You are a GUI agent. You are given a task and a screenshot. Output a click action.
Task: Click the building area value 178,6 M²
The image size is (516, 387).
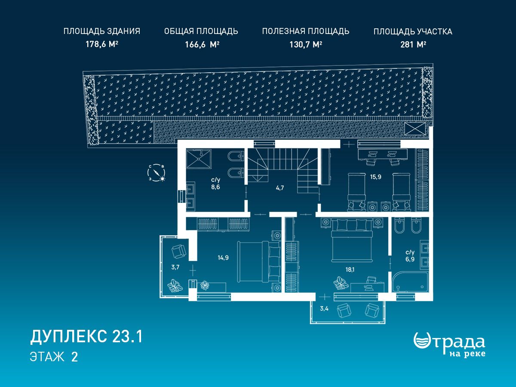pyautogui.click(x=102, y=44)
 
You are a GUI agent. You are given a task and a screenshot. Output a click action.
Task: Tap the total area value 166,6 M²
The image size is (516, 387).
pyautogui.click(x=202, y=44)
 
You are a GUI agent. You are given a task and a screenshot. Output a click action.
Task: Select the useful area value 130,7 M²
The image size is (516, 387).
pyautogui.click(x=306, y=44)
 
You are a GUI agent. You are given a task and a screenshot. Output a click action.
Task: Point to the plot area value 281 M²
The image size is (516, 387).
pyautogui.click(x=413, y=44)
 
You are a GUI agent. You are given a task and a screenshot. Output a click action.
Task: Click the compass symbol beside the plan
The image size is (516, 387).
pyautogui.click(x=156, y=173)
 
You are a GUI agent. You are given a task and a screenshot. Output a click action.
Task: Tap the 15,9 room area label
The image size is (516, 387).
pyautogui.click(x=376, y=177)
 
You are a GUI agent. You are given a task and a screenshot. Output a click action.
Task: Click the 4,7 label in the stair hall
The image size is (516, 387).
pyautogui.click(x=280, y=188)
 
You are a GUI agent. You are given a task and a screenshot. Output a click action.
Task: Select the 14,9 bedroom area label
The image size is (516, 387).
pyautogui.click(x=223, y=258)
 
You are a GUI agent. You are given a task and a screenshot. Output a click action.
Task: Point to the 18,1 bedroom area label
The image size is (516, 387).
pyautogui.click(x=350, y=270)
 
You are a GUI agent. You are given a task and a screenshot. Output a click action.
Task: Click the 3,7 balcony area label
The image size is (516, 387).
pyautogui.click(x=175, y=267)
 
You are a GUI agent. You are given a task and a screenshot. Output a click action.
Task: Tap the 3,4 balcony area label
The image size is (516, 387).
pyautogui.click(x=324, y=308)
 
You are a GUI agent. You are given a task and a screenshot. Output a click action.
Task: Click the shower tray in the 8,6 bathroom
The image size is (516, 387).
pyautogui.click(x=199, y=159)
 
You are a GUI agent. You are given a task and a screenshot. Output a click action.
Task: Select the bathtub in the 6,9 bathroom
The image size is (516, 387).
pyautogui.click(x=410, y=282)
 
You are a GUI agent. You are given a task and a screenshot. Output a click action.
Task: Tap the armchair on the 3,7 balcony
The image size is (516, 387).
pyautogui.click(x=179, y=252)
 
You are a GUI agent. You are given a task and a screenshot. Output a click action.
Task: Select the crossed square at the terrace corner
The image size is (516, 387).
pyautogui.click(x=415, y=129)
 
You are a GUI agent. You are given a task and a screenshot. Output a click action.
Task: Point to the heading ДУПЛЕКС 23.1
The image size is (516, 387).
pyautogui.click(x=86, y=337)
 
